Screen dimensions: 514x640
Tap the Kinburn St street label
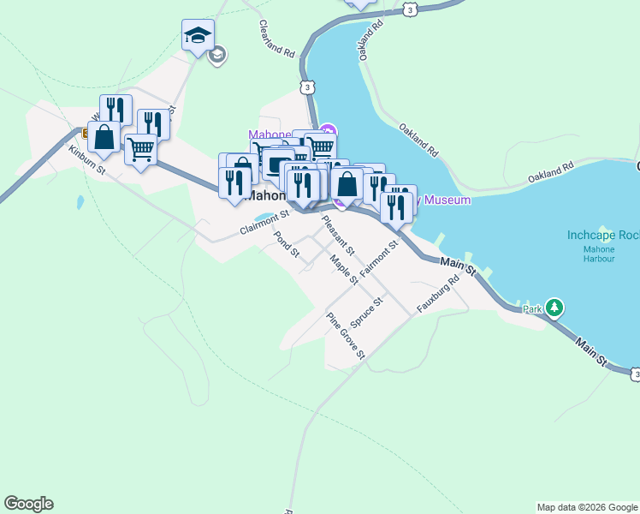(86, 158)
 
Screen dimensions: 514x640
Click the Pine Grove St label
(347, 335)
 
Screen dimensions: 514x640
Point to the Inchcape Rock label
(603, 235)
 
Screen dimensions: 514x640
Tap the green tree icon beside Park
(555, 308)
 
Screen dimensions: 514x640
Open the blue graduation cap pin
(198, 37)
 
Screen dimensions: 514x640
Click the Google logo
(28, 504)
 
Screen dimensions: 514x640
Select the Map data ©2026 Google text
(587, 507)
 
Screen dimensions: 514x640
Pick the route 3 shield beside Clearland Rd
(305, 87)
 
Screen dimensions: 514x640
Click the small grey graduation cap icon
(217, 55)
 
